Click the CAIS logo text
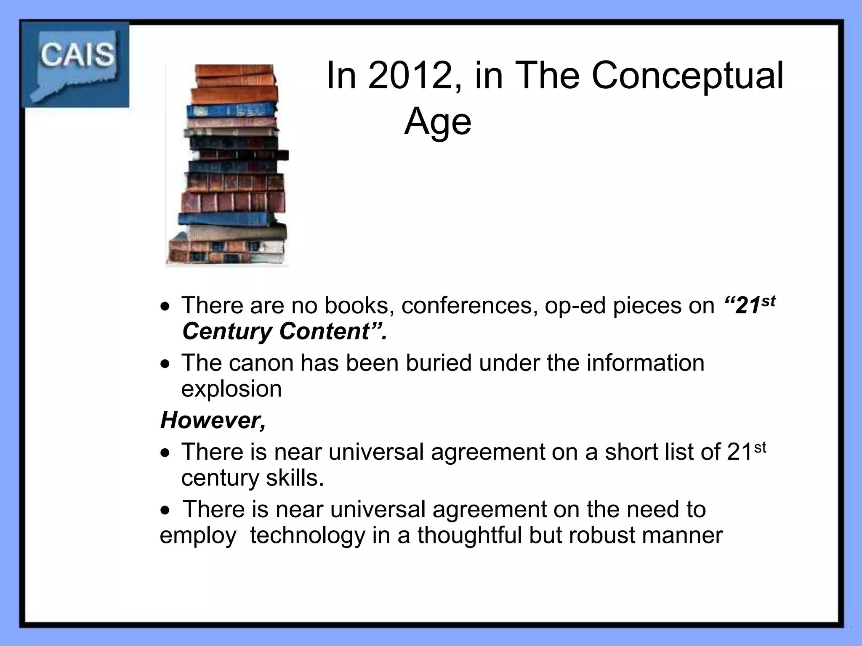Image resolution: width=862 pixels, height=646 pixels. click(77, 55)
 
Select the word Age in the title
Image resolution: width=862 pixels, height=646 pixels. click(438, 122)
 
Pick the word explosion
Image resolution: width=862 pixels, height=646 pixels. click(231, 389)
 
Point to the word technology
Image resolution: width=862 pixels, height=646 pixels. click(308, 536)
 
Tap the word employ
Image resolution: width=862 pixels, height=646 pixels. click(198, 536)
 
